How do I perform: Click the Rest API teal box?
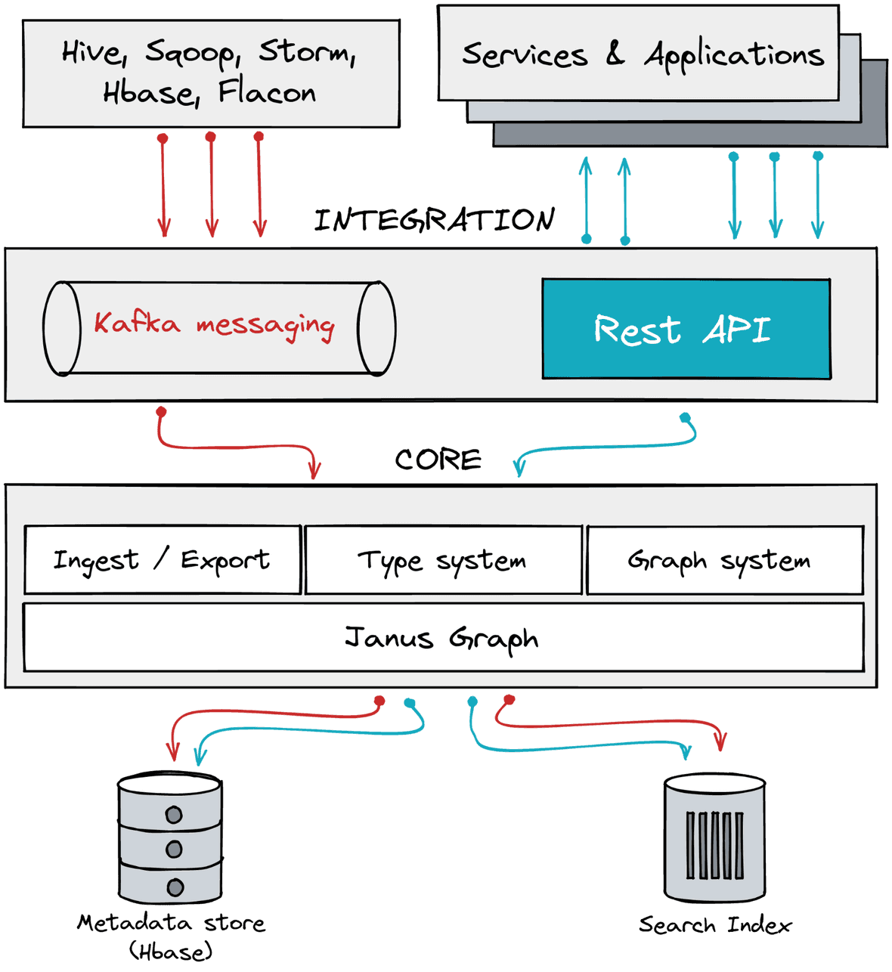point(686,329)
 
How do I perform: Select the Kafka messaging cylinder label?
point(214,325)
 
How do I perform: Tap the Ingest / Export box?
point(162,560)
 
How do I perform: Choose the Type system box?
point(443,560)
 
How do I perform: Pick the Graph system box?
point(724,560)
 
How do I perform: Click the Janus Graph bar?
point(443,638)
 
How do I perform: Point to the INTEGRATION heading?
point(435,220)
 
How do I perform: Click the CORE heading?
point(438,460)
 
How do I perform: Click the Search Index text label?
point(715,924)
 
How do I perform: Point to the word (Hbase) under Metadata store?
point(171,951)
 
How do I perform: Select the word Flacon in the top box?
point(267,92)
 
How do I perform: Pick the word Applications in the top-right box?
point(734,55)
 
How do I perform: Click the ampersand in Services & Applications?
point(615,54)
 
